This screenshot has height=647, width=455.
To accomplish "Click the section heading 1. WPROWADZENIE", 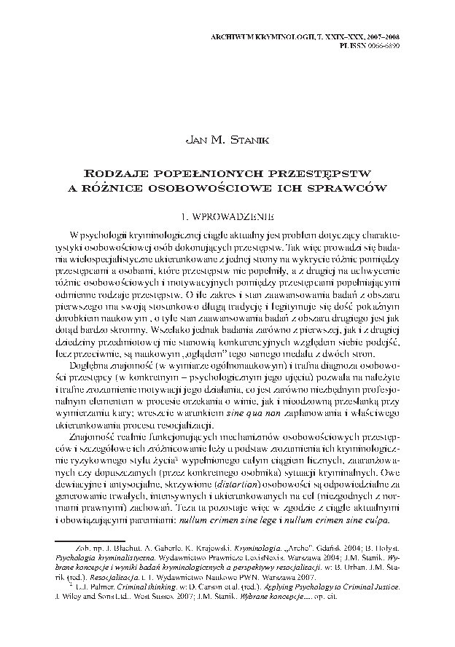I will (x=227, y=216).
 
